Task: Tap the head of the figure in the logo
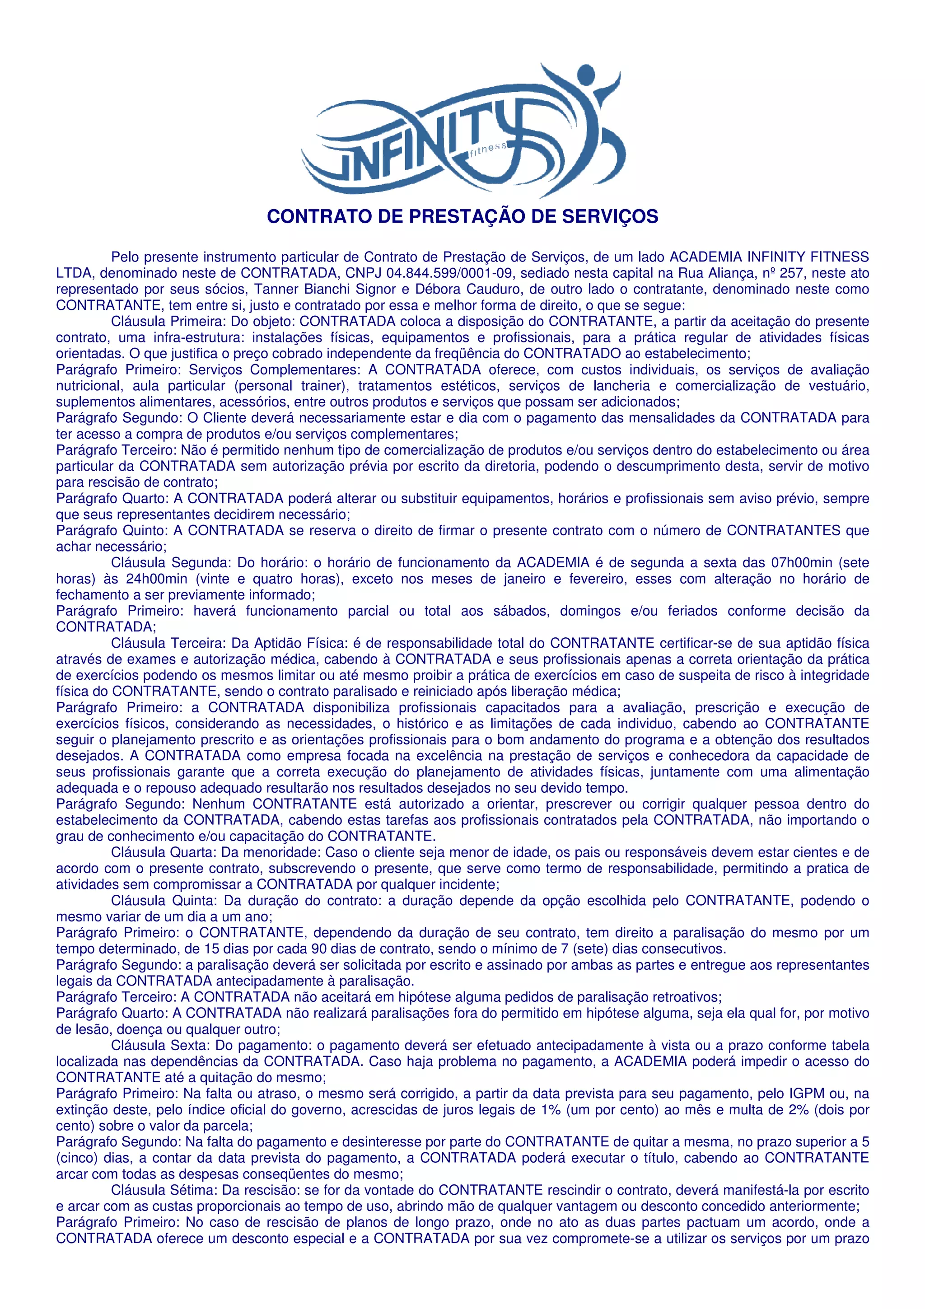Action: point(585,75)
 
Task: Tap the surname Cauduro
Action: point(498,289)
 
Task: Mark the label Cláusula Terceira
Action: point(169,644)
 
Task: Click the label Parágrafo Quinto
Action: point(112,531)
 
